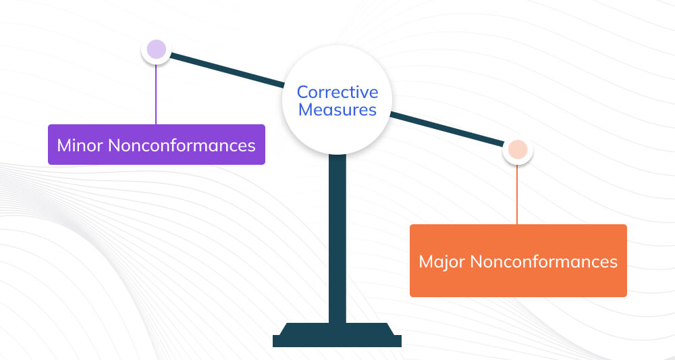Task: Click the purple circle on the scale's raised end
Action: [x=156, y=49]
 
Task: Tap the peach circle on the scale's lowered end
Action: [x=518, y=150]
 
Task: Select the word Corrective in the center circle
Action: [x=337, y=92]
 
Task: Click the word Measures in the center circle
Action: [x=337, y=109]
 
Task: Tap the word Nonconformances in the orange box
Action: [x=543, y=261]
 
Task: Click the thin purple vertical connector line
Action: [x=156, y=95]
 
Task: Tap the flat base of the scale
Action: [x=337, y=341]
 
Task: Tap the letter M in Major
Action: [x=426, y=261]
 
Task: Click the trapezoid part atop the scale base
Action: [x=337, y=329]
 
